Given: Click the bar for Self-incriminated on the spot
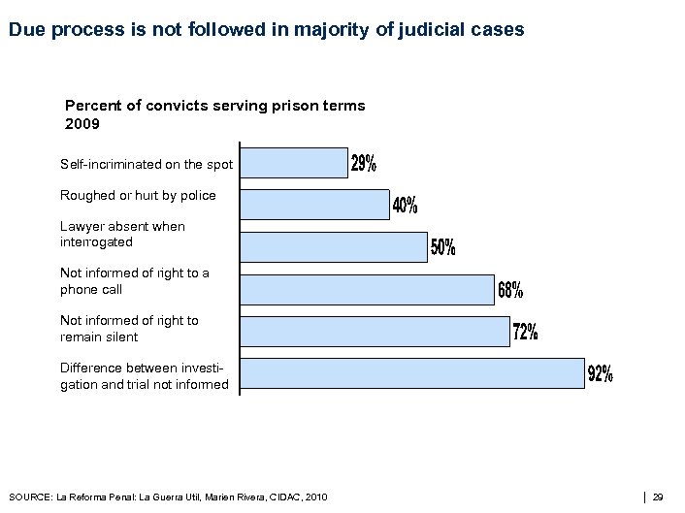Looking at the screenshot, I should (294, 163).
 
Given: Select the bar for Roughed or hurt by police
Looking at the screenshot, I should (314, 205).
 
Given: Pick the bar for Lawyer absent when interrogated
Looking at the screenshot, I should (334, 247).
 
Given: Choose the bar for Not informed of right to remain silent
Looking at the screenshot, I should (375, 331).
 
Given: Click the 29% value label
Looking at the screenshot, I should (364, 164).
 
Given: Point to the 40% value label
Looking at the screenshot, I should (406, 206).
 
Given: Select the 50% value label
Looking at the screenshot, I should (443, 248).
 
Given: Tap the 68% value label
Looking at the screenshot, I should (510, 290).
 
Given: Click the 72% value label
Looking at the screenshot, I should (525, 333).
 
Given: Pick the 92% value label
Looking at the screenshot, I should (601, 374).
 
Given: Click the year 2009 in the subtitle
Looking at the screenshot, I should (81, 124).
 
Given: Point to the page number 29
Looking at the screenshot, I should (658, 497).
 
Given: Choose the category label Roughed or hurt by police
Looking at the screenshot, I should (138, 195).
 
